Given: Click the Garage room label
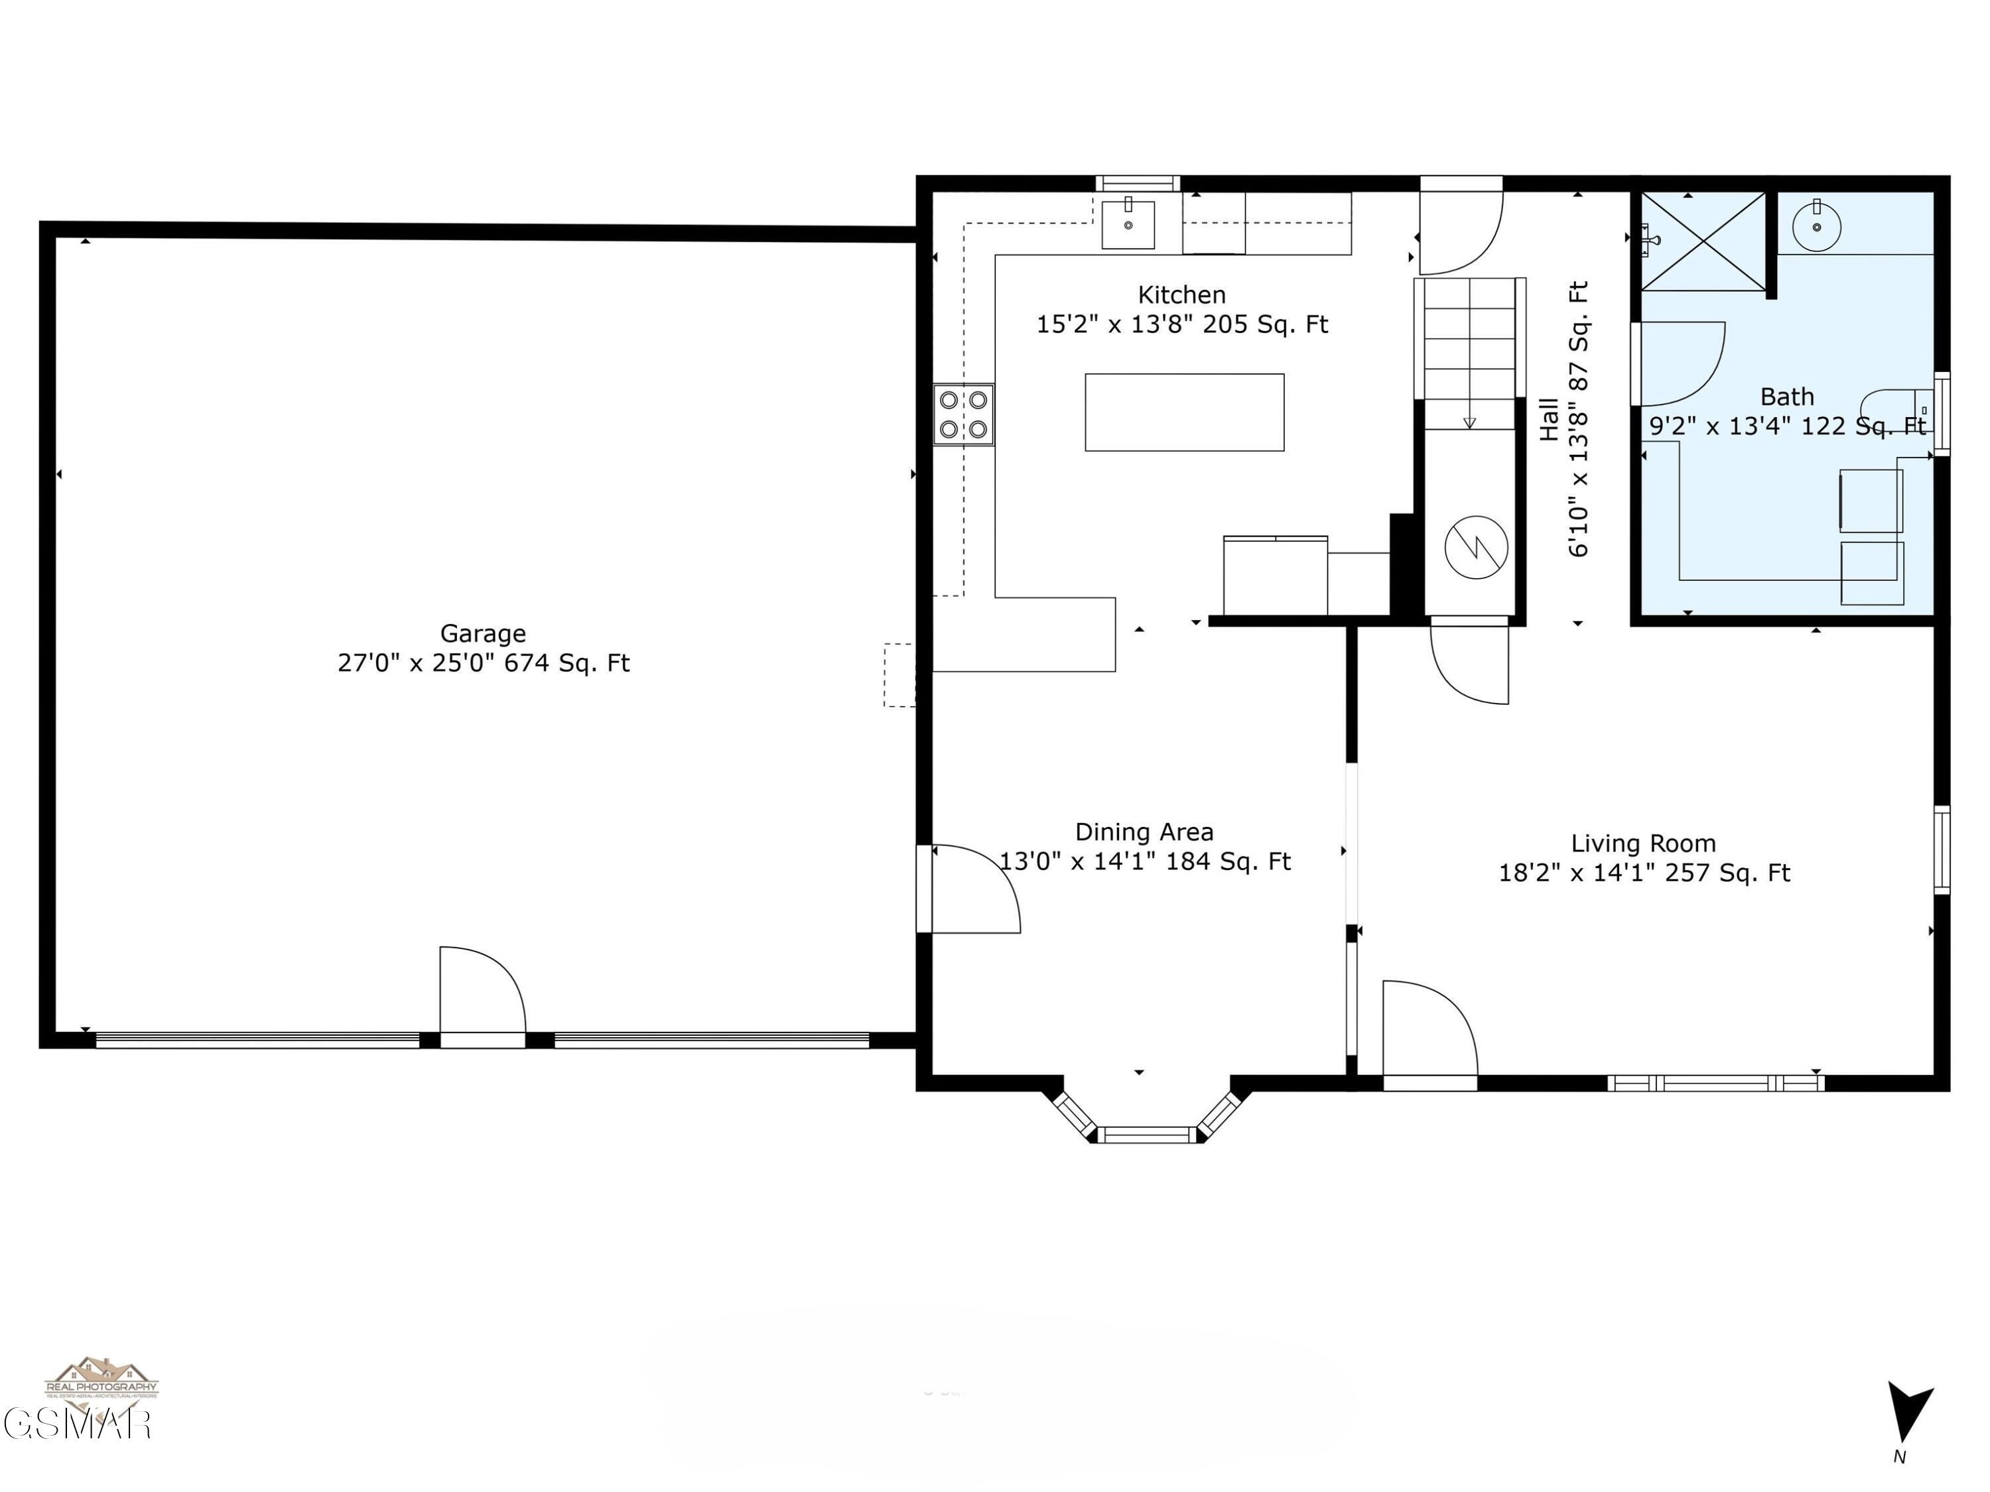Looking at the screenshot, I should [x=483, y=634].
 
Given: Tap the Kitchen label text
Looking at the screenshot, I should [x=1181, y=295].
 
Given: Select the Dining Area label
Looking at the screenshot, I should [x=1144, y=832].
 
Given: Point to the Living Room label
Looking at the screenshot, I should [x=1642, y=843].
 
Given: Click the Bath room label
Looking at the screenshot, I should [x=1786, y=397].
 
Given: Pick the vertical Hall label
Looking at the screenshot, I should [x=1549, y=419].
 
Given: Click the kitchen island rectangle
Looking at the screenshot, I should [x=1184, y=412].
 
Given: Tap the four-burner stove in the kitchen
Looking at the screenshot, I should [x=962, y=414].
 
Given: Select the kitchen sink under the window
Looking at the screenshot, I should [x=1128, y=225].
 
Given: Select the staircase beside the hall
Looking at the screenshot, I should [x=1469, y=353].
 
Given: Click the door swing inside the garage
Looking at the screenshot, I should [x=482, y=989].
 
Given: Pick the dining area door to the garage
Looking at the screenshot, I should [x=974, y=889].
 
